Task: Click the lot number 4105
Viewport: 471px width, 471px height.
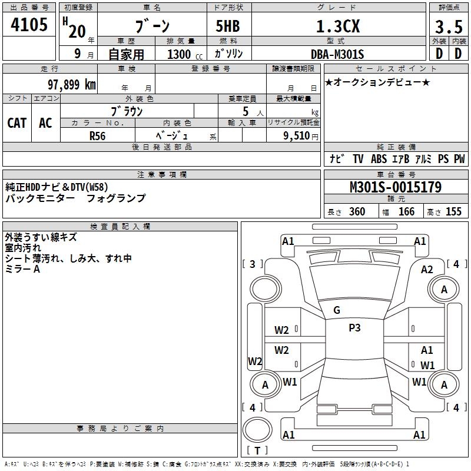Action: (x=29, y=25)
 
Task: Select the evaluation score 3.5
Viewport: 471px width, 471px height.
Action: (x=448, y=27)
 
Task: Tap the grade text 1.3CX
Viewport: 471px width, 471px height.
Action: (x=338, y=26)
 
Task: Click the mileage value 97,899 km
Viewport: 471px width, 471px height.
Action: (x=71, y=84)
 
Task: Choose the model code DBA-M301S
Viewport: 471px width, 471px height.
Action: (x=337, y=54)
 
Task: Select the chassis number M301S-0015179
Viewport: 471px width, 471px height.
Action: (x=395, y=187)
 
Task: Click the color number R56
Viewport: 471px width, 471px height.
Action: (x=97, y=135)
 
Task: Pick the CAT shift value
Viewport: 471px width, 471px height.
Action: (x=16, y=122)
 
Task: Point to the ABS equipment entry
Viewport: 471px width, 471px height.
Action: (x=379, y=159)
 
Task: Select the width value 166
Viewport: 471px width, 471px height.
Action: (x=406, y=211)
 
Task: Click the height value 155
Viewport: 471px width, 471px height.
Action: (x=453, y=211)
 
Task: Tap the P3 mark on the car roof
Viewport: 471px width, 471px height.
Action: (x=354, y=328)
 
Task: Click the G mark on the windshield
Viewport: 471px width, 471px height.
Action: (x=336, y=310)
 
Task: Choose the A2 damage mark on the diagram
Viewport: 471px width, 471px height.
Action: (x=427, y=269)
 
